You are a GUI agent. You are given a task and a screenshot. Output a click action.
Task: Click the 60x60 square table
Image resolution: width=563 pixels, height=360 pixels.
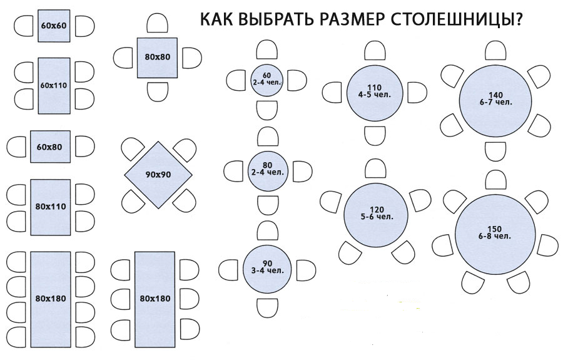(x=53, y=26)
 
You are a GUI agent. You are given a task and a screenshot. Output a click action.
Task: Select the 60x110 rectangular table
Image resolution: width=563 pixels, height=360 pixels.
(x=53, y=85)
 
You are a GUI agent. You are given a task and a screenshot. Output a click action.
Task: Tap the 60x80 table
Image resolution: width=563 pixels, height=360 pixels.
(x=50, y=147)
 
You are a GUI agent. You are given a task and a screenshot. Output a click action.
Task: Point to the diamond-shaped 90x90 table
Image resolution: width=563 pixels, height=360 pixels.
(x=158, y=174)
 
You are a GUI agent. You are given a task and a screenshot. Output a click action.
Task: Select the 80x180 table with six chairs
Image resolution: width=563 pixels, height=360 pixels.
(x=154, y=299)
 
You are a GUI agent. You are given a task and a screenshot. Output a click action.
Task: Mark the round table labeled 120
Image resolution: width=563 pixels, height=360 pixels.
(x=376, y=213)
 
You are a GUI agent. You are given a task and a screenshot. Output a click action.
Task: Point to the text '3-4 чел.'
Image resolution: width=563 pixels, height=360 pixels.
(x=268, y=270)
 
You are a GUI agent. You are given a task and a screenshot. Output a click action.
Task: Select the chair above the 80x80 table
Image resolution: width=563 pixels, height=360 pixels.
(x=158, y=24)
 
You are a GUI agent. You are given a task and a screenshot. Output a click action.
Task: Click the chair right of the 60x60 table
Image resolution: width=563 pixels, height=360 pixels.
(x=84, y=26)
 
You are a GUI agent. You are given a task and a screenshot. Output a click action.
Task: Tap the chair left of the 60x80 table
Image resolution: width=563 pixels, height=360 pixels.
(x=16, y=147)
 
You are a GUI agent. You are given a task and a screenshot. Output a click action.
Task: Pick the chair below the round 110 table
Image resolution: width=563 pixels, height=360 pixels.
(x=375, y=136)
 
